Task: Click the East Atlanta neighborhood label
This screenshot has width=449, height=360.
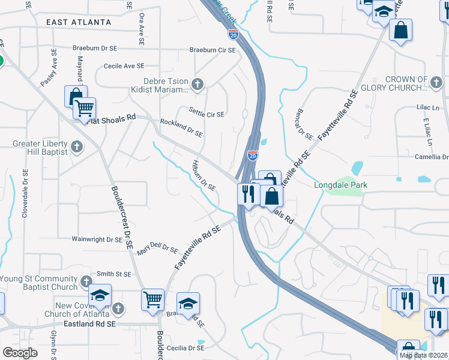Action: (x=78, y=22)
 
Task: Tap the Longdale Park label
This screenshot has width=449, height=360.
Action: (x=340, y=185)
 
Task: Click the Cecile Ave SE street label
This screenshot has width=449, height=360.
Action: (x=124, y=66)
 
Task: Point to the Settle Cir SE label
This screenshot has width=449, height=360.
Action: (x=206, y=113)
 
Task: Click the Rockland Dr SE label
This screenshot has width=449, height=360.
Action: (x=181, y=127)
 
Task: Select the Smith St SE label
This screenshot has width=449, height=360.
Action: (x=113, y=274)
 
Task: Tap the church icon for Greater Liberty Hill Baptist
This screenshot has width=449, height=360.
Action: (x=76, y=146)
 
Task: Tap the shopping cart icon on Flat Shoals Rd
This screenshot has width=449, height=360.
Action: (x=85, y=109)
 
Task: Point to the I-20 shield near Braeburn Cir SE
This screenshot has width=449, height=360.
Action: (x=234, y=35)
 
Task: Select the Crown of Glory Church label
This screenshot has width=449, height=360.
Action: (x=414, y=83)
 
